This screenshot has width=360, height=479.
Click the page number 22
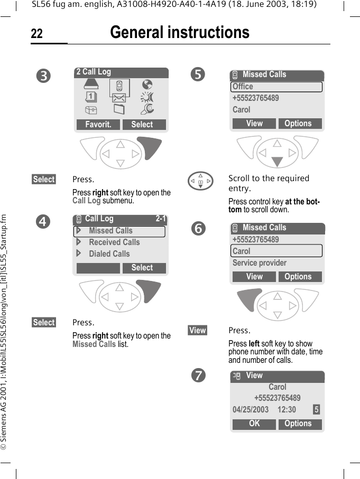tap(36, 34)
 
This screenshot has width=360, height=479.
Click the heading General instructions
tap(180, 33)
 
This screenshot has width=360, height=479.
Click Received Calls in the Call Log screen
tap(114, 242)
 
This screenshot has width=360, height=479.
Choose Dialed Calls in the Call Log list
tap(109, 254)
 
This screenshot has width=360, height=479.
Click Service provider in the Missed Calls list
tap(260, 263)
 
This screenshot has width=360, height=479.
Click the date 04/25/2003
tap(251, 410)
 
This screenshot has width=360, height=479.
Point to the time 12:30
tap(287, 410)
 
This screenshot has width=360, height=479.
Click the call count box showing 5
tap(316, 410)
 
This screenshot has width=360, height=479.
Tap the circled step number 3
tap(45, 76)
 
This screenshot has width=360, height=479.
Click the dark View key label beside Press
tap(198, 331)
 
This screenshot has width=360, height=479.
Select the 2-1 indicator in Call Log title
tap(161, 219)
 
